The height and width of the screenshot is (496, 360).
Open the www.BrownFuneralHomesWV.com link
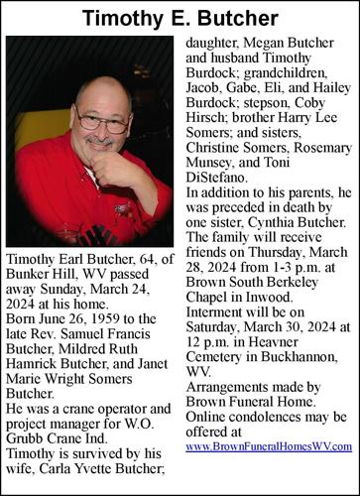coord(268,447)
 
